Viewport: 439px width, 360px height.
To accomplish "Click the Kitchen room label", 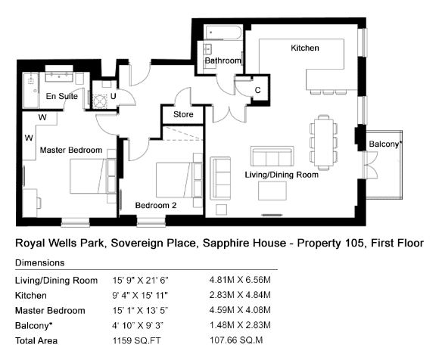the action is click(305, 48).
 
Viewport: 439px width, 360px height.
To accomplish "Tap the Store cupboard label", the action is click(183, 114).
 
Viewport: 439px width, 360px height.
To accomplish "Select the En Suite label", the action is click(62, 96).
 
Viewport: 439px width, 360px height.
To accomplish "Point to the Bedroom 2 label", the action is click(156, 205).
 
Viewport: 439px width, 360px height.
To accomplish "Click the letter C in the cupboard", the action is click(258, 90).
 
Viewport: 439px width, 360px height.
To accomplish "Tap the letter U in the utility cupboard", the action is click(113, 96).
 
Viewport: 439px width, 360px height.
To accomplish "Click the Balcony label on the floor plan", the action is click(385, 144).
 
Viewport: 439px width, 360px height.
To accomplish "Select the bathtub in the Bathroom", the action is click(223, 33).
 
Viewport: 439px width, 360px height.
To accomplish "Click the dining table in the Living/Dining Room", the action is click(324, 143).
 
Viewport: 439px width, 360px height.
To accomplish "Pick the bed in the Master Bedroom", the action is click(93, 176).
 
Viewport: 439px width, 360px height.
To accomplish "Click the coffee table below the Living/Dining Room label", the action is click(272, 191).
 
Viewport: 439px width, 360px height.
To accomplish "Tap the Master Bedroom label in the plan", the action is click(71, 151).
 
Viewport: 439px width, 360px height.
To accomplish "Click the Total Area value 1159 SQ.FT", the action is click(137, 340).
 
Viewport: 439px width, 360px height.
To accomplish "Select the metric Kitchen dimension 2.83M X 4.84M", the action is click(240, 295).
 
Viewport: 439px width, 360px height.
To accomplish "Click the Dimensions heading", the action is click(40, 263).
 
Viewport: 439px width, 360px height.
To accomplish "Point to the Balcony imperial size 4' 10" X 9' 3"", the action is click(138, 326).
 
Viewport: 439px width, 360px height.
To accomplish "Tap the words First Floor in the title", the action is click(397, 243).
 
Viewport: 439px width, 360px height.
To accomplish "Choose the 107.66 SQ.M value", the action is click(236, 340).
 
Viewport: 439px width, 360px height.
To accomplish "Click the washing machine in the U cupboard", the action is click(100, 101).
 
